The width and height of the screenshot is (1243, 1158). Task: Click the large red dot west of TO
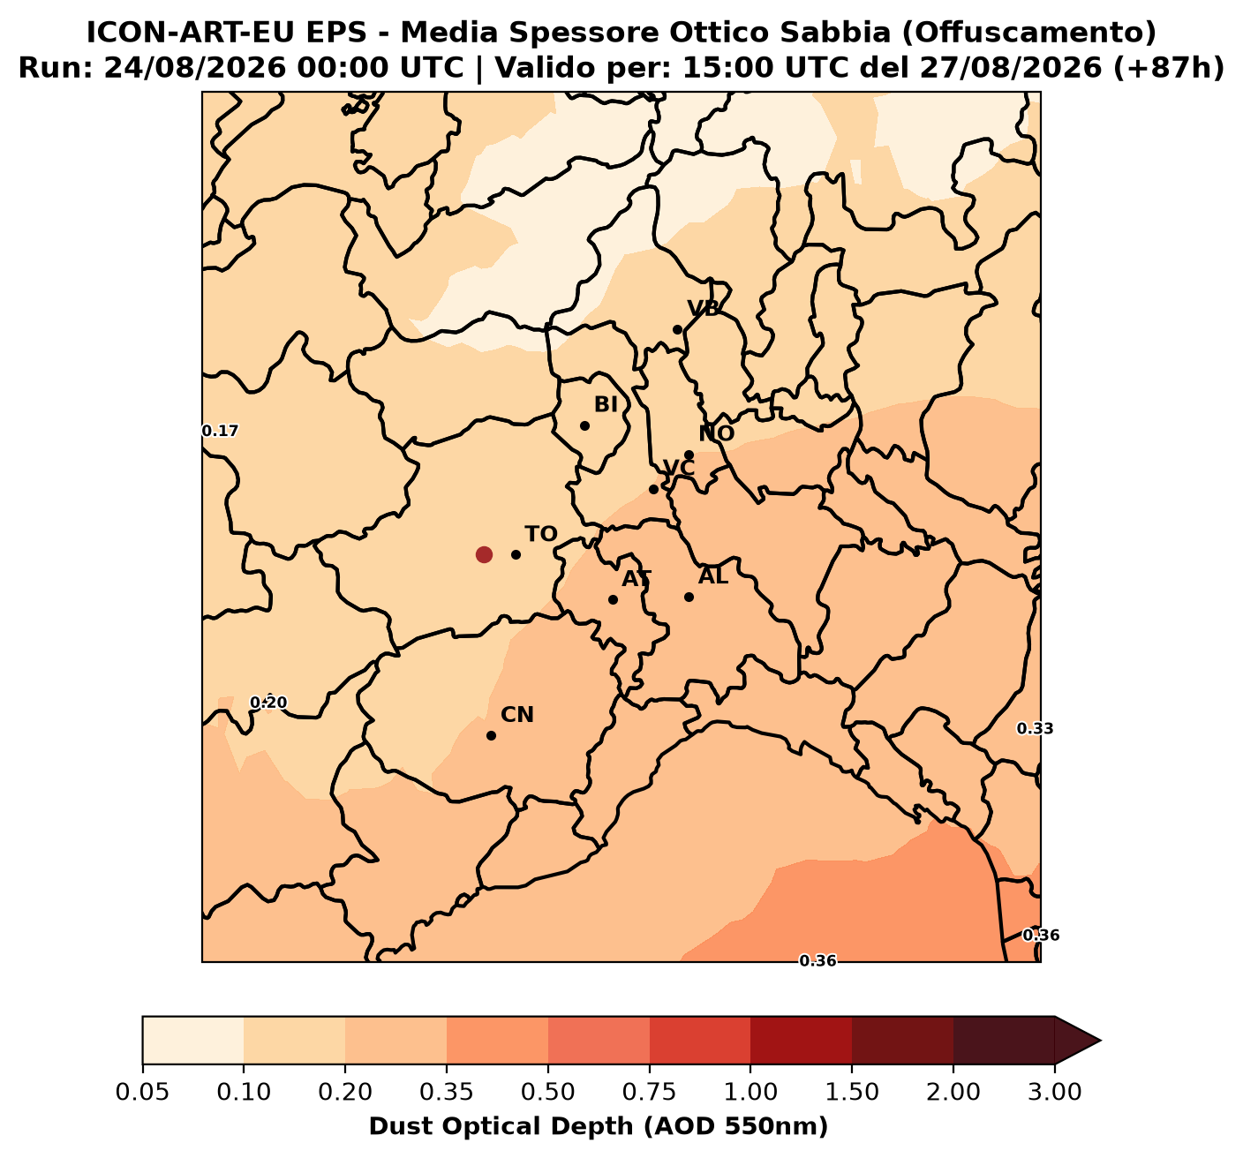coord(484,554)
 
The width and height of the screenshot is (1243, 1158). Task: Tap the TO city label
coord(541,534)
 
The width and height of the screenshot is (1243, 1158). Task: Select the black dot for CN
coord(492,735)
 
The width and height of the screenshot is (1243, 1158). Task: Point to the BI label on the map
coord(606,404)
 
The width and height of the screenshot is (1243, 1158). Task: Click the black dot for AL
coord(689,598)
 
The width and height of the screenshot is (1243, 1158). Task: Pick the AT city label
coord(637,579)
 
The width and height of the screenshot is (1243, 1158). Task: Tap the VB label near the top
coord(704,309)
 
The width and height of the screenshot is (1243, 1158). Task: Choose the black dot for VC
coord(653,490)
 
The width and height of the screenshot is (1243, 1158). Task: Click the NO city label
coord(717,433)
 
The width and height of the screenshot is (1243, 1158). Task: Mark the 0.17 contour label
coord(221,431)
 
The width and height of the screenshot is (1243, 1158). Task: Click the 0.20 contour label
coord(268,703)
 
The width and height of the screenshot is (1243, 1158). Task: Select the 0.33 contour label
coord(1036,728)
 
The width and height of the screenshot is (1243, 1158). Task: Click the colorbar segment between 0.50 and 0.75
coord(599,1041)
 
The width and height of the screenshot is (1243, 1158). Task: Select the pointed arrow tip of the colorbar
coord(1100,1041)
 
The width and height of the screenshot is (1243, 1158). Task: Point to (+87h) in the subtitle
coord(1169,68)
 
